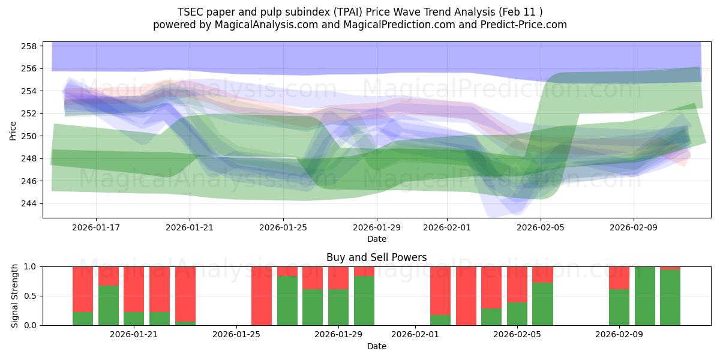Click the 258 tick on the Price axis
[x=31, y=46]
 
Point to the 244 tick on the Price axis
[x=31, y=203]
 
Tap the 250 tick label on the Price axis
[x=31, y=136]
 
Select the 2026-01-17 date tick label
[x=96, y=227]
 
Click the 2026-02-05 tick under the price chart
[x=541, y=227]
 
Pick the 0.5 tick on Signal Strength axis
[x=30, y=296]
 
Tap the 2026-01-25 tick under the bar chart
[x=236, y=334]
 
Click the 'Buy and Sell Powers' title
[x=376, y=257]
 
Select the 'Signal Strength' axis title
[x=15, y=296]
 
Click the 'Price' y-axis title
[x=13, y=130]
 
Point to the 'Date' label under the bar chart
[x=376, y=346]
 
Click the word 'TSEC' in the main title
[x=190, y=12]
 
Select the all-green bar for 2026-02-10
[x=644, y=296]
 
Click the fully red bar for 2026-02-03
[x=466, y=296]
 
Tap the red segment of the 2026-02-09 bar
[x=619, y=278]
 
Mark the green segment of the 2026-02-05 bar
[x=542, y=304]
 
